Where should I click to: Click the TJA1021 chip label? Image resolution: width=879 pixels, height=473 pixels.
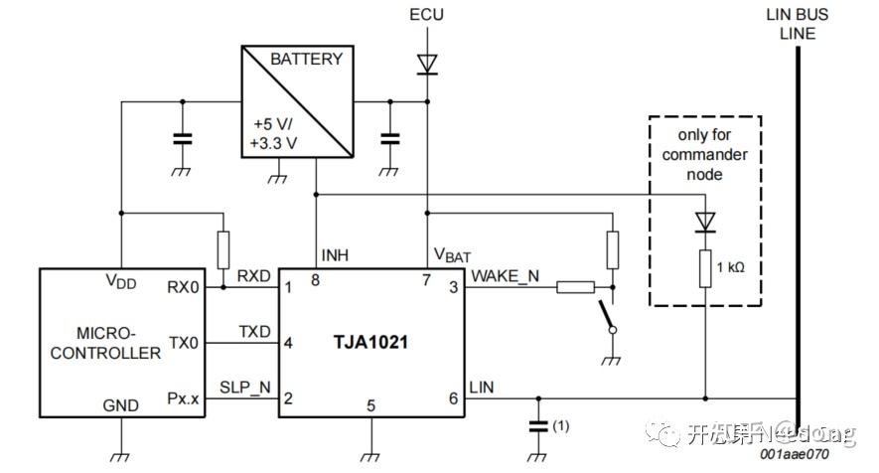[371, 343]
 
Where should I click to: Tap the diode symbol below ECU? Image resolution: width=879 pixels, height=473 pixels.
[427, 64]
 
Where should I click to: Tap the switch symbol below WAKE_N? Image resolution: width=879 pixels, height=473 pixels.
[605, 317]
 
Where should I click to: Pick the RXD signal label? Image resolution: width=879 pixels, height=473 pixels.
[253, 275]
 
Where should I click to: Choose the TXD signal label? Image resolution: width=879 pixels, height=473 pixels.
[253, 331]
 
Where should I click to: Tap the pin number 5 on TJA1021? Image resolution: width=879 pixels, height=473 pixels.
[371, 405]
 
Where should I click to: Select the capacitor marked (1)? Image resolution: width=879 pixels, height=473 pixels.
[537, 425]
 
